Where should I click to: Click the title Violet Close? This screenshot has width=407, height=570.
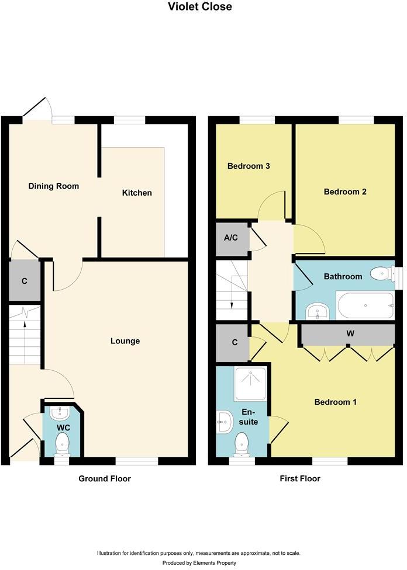tap(199, 6)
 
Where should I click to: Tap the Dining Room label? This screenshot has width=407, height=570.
tap(54, 186)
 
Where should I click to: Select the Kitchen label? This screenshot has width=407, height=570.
tap(137, 193)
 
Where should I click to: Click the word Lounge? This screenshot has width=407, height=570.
tap(125, 341)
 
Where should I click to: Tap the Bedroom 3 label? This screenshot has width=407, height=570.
tap(249, 166)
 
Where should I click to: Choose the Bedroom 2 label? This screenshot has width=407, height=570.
tap(345, 192)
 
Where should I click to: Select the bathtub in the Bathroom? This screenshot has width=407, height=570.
tap(365, 305)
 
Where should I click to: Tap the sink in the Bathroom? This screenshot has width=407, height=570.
tap(318, 311)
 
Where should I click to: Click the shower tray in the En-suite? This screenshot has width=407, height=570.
tap(251, 384)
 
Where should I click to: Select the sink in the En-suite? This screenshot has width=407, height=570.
tap(224, 422)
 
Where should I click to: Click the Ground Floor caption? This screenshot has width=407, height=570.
tap(105, 479)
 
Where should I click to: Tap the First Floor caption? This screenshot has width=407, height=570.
tap(300, 478)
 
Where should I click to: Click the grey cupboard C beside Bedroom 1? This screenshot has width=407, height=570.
tap(233, 343)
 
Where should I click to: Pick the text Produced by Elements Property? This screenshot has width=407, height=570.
tap(199, 563)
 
